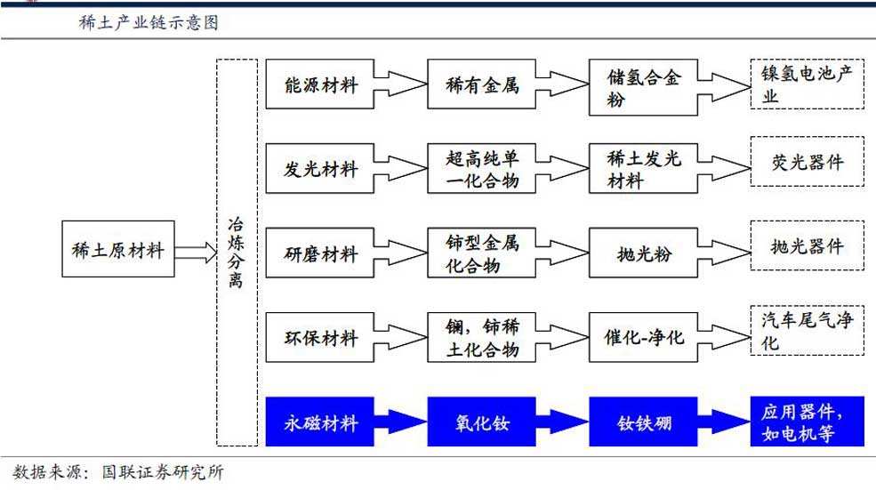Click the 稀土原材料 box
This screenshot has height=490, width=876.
pyautogui.click(x=118, y=249)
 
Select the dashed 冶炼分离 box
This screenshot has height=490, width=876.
pyautogui.click(x=237, y=253)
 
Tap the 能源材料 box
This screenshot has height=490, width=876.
pyautogui.click(x=320, y=86)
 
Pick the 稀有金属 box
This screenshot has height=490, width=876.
pyautogui.click(x=482, y=86)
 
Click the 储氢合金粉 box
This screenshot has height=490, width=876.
pyautogui.click(x=643, y=87)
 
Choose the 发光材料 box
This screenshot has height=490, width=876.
pyautogui.click(x=320, y=169)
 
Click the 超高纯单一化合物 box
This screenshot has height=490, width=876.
pyautogui.click(x=482, y=169)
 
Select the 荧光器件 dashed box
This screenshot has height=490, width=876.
pyautogui.click(x=807, y=162)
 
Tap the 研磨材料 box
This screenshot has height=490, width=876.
pyautogui.click(x=320, y=253)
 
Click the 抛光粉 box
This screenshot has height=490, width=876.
pyautogui.click(x=643, y=253)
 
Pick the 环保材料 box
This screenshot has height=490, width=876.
pyautogui.click(x=320, y=338)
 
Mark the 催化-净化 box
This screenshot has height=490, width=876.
pyautogui.click(x=643, y=338)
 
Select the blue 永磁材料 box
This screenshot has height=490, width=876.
pyautogui.click(x=320, y=422)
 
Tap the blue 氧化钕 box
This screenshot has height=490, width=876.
pyautogui.click(x=482, y=422)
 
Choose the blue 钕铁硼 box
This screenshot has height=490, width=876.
pyautogui.click(x=643, y=422)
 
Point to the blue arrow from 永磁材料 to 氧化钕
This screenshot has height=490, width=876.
pyautogui.click(x=401, y=422)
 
